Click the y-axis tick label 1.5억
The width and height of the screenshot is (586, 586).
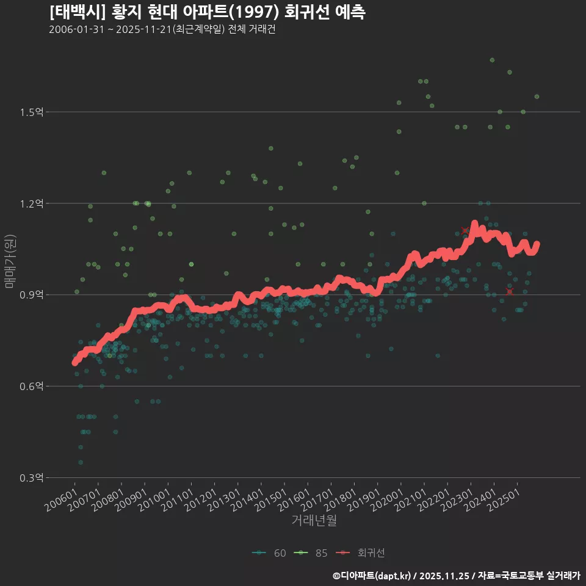(31, 112)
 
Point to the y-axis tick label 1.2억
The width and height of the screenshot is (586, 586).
(31, 203)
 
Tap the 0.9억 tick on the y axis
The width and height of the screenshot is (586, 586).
(31, 295)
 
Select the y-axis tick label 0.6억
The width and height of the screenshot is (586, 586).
(31, 386)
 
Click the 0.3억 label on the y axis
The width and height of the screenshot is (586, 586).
(31, 478)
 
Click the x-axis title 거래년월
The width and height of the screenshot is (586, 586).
(314, 521)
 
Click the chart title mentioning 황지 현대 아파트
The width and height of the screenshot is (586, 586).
(207, 12)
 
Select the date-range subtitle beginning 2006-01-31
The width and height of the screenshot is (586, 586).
(162, 30)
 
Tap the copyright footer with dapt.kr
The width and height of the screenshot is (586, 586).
(456, 575)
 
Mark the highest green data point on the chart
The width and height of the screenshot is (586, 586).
(492, 60)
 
